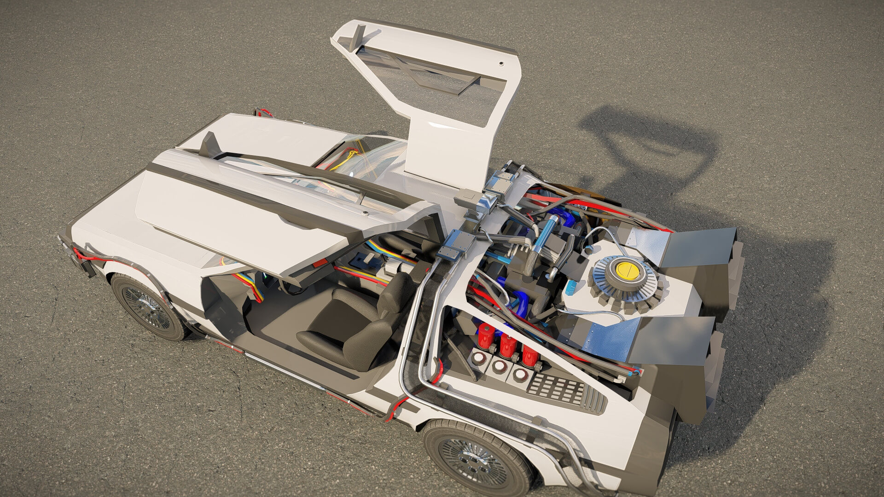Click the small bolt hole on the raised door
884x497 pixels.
(501, 64)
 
